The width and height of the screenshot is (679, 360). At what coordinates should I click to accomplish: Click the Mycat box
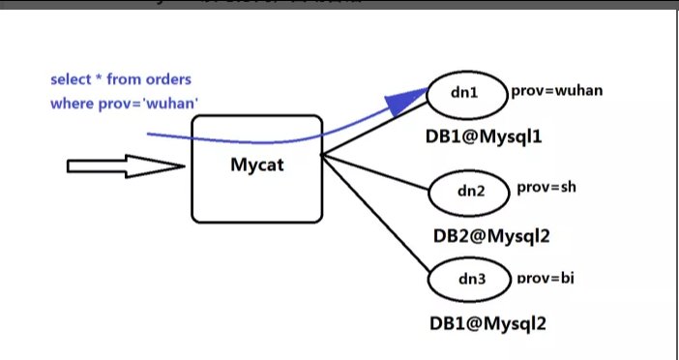click(x=257, y=167)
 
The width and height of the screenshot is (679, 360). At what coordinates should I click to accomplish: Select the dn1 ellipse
click(x=465, y=94)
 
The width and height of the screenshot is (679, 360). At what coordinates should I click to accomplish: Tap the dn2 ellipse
click(x=469, y=192)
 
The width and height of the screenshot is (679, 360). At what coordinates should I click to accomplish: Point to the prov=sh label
click(x=546, y=187)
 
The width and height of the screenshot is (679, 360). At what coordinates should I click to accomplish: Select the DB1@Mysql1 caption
click(x=484, y=136)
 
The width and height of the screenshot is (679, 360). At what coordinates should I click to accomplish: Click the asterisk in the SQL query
click(x=100, y=78)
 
